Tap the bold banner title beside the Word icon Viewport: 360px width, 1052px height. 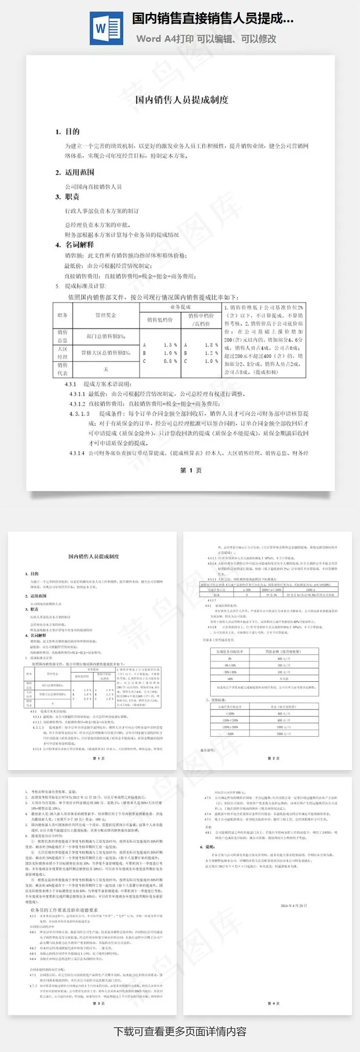pyautogui.click(x=213, y=19)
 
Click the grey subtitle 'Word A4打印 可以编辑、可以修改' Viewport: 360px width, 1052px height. pyautogui.click(x=206, y=39)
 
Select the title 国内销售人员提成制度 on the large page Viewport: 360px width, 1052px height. pyautogui.click(x=181, y=100)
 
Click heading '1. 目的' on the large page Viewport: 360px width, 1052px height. pyautogui.click(x=68, y=132)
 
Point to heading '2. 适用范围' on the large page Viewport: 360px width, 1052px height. pyautogui.click(x=75, y=172)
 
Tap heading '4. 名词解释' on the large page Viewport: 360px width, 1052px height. pyautogui.click(x=75, y=245)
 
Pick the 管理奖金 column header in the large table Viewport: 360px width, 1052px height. pyautogui.click(x=106, y=315)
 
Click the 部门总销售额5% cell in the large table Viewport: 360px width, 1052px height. pyautogui.click(x=106, y=336)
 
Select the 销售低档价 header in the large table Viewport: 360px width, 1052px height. pyautogui.click(x=159, y=320)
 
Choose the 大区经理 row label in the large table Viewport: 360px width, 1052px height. pyautogui.click(x=62, y=353)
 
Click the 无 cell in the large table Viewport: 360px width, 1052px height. pyautogui.click(x=106, y=369)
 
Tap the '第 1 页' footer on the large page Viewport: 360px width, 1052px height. pyautogui.click(x=191, y=470)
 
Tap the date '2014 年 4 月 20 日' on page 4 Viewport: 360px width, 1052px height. pyautogui.click(x=294, y=905)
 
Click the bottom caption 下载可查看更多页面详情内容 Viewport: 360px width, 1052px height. pyautogui.click(x=179, y=1031)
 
